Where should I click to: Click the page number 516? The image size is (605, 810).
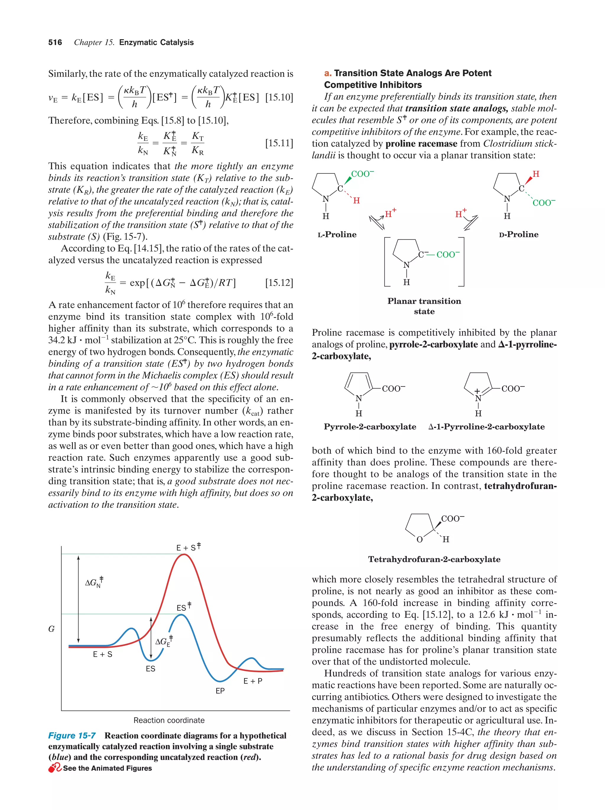55,43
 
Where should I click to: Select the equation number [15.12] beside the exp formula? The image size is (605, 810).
279,283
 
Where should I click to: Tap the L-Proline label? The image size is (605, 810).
337,234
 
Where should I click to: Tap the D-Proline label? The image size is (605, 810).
518,234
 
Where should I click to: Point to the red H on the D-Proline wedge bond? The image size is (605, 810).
536,174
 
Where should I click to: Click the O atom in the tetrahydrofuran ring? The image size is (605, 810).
419,539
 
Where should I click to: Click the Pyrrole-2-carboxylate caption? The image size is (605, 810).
370,427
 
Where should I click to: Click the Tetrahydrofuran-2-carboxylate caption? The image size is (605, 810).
434,559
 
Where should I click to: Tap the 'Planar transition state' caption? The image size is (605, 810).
424,306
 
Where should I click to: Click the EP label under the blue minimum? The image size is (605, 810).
220,691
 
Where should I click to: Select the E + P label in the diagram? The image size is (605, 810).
253,681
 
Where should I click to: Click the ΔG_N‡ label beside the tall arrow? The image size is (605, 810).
94,582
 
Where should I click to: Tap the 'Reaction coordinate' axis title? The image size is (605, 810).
169,720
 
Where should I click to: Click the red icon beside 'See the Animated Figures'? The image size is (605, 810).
55,768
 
